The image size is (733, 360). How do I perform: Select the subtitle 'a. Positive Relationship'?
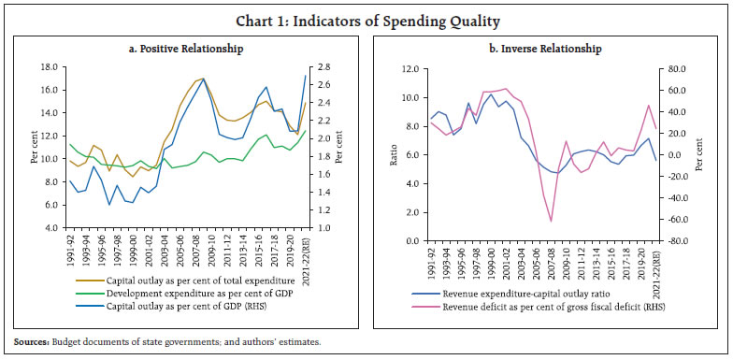tap(188, 48)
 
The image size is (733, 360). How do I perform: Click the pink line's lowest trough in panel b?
tap(551, 222)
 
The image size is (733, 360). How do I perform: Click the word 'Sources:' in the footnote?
tap(31, 343)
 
